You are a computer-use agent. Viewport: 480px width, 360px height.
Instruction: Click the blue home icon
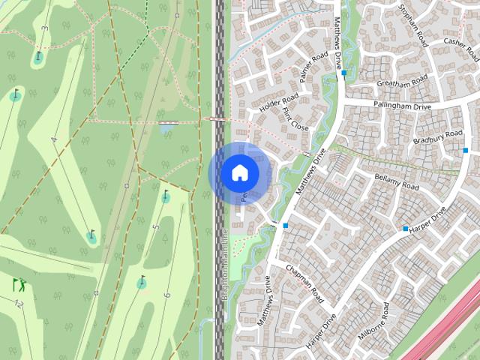(239, 172)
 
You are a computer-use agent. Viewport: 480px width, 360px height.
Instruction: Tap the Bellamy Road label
(396, 180)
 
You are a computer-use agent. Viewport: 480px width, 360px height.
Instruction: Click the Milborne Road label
(373, 323)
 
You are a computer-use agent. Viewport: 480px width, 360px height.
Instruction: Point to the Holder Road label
(278, 103)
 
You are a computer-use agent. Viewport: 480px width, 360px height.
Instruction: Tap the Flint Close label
(295, 119)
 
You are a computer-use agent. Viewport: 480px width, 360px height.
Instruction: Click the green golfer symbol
(19, 285)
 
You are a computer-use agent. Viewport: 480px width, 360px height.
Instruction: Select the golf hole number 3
(44, 28)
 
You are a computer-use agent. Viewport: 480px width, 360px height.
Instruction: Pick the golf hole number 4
(54, 139)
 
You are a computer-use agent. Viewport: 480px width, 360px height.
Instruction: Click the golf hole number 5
(156, 226)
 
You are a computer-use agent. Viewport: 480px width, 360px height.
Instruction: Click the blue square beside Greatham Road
(343, 73)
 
